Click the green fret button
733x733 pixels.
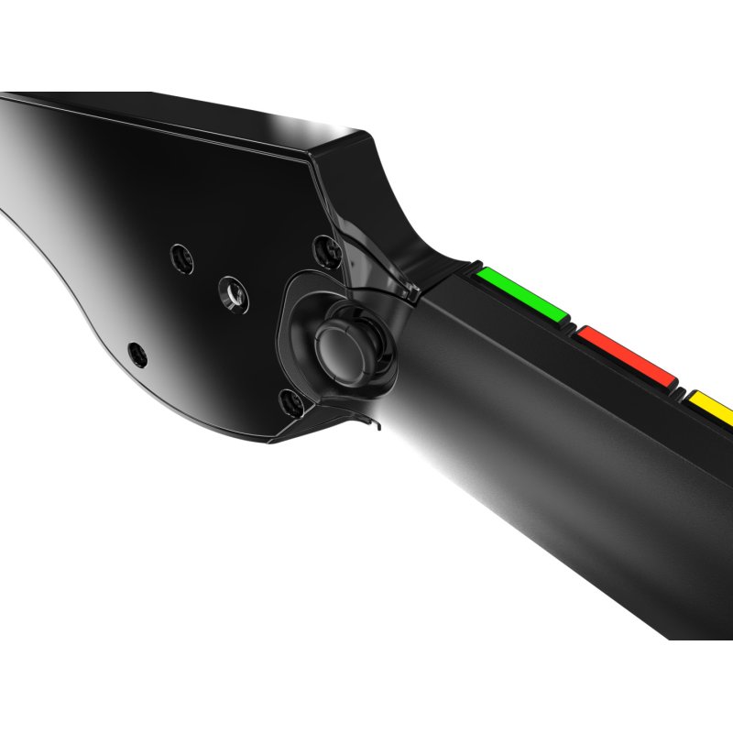(520, 295)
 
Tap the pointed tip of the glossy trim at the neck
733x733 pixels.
(415, 294)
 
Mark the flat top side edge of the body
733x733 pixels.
(183, 117)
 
